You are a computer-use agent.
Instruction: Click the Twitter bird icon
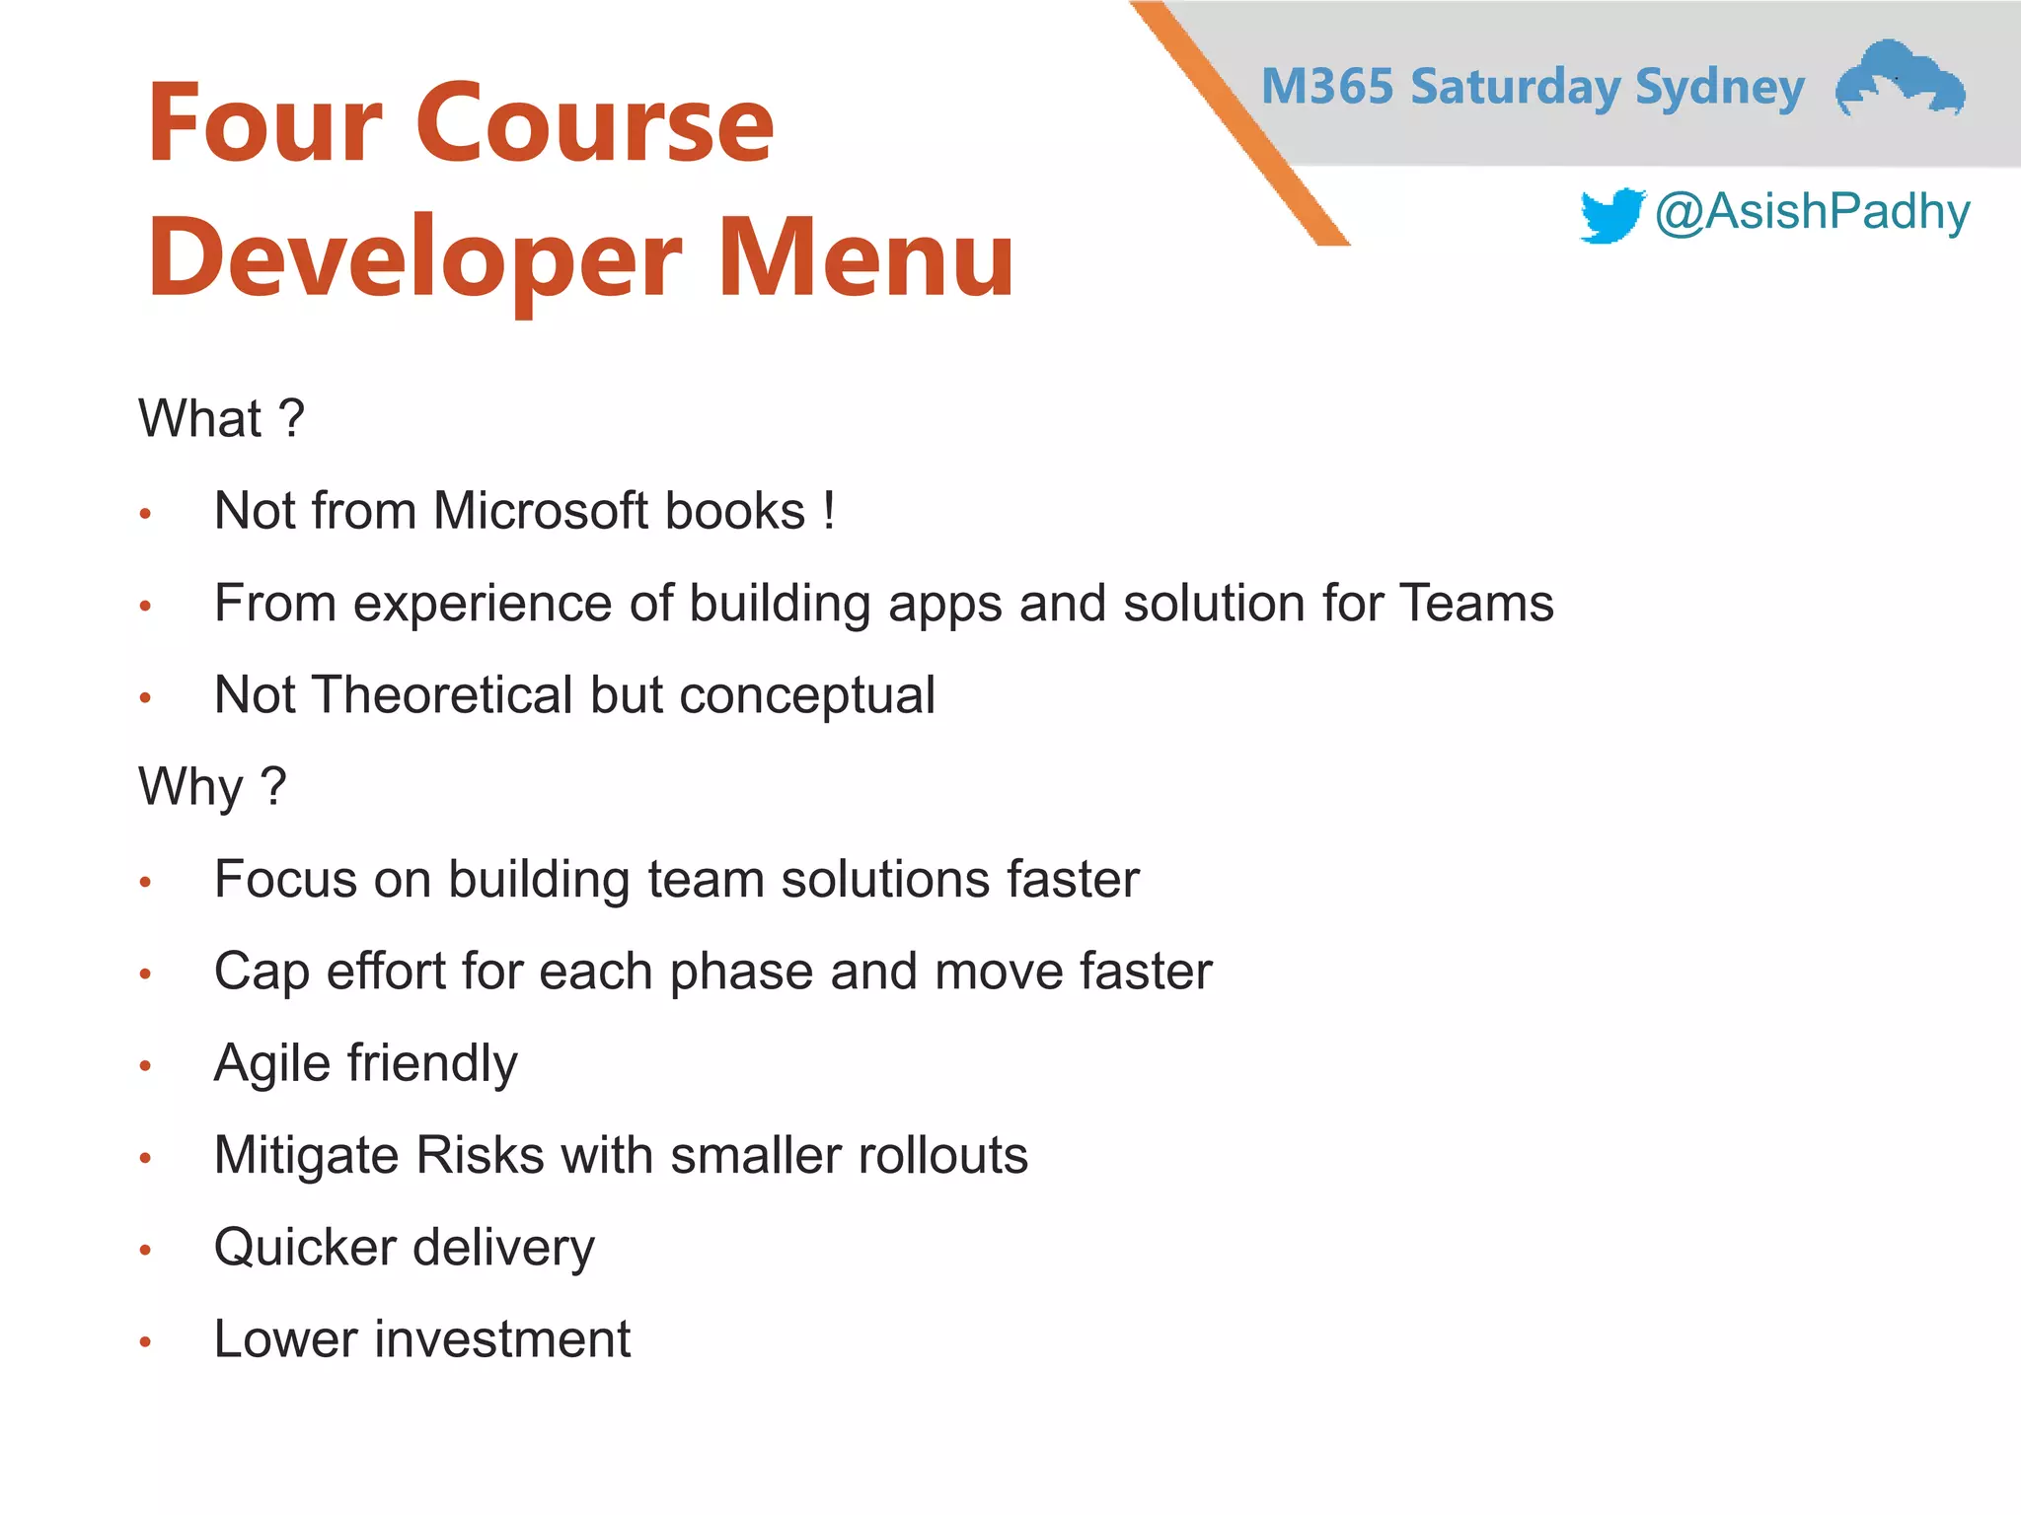[x=1611, y=215]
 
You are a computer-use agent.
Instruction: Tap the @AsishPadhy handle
[x=1812, y=212]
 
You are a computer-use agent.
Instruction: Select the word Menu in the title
[x=865, y=257]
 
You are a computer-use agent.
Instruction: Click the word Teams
[x=1476, y=603]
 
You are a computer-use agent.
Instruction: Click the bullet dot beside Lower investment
[x=145, y=1341]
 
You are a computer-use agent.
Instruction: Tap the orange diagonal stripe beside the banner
[x=1238, y=123]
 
